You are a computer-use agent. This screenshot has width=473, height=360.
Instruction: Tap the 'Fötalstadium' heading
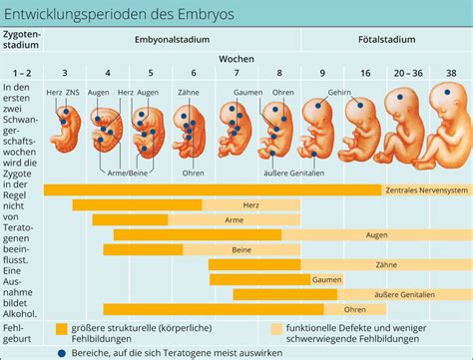(387, 40)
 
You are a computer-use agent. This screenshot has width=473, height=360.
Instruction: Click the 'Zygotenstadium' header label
(22, 44)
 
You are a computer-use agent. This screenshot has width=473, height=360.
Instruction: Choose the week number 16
(365, 74)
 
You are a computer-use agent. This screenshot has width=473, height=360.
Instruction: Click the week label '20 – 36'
(407, 74)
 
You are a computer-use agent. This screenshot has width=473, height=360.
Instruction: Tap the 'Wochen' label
(237, 58)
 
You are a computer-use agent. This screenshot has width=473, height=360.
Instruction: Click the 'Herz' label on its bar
(250, 204)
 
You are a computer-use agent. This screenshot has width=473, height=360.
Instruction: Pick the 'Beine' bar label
(240, 249)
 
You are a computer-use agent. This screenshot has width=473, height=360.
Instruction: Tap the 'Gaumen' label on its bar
(326, 279)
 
